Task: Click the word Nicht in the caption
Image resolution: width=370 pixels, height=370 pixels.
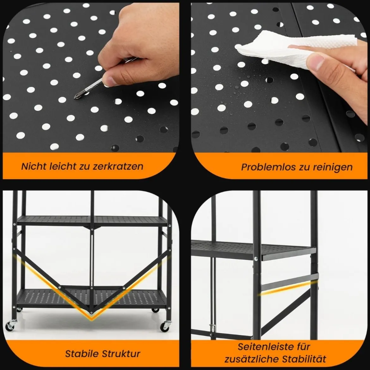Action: (34, 166)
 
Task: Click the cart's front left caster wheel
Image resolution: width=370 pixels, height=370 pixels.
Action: (10, 326)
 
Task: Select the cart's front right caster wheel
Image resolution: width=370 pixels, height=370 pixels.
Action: (165, 326)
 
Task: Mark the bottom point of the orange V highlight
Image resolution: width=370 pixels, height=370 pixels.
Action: (92, 320)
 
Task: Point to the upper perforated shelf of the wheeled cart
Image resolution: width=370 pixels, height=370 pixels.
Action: (92, 220)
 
